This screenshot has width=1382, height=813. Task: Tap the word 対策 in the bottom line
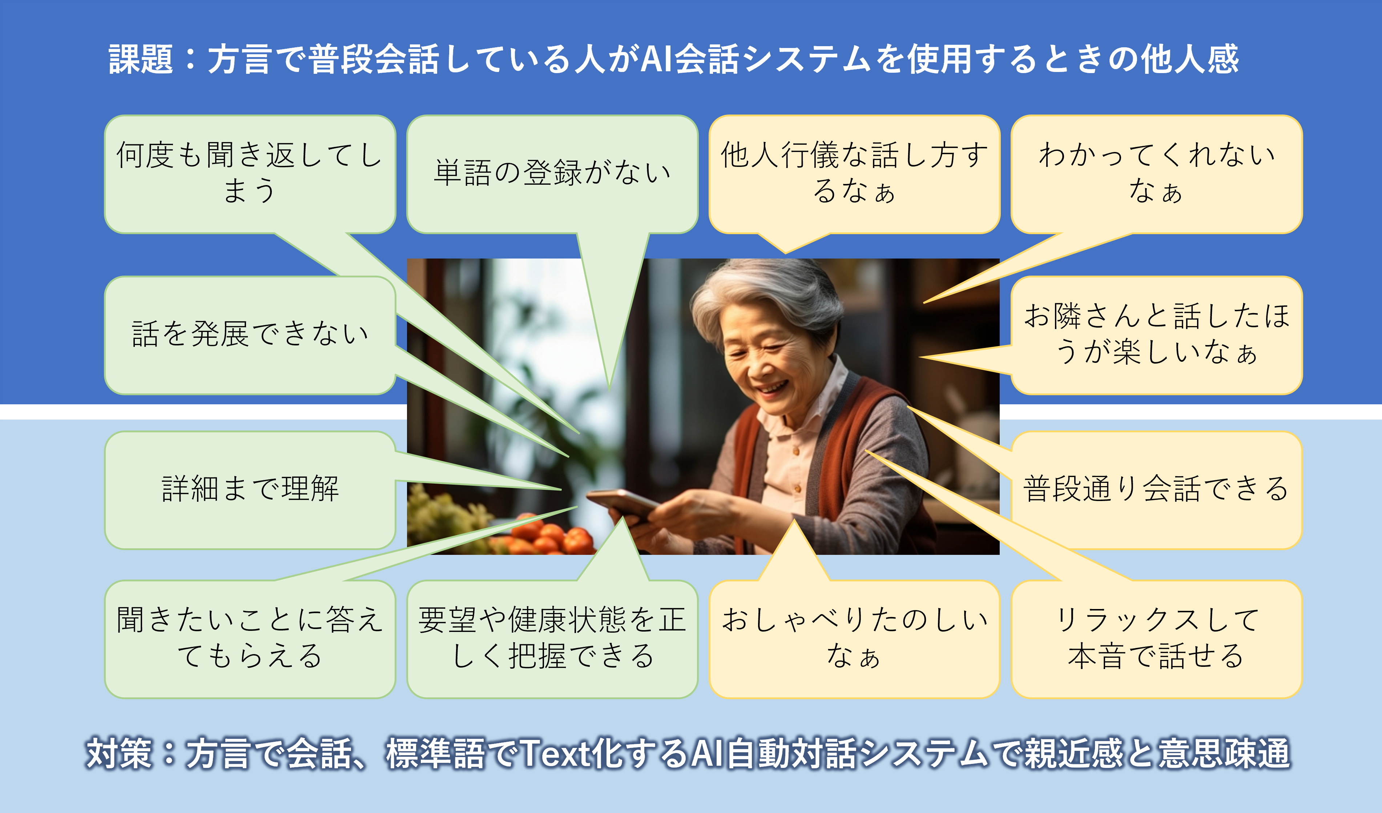click(118, 753)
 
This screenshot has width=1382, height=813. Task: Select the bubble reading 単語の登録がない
click(552, 175)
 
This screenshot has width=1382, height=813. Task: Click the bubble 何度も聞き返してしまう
click(250, 175)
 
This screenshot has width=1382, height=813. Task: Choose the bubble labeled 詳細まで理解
click(250, 490)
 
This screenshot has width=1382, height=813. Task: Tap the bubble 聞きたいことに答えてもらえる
click(250, 639)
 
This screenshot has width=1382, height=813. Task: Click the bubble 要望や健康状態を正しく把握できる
click(552, 639)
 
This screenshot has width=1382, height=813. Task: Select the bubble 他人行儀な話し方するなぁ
click(854, 175)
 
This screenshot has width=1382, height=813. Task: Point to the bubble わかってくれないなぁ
click(1157, 175)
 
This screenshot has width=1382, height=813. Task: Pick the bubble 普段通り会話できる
click(1157, 490)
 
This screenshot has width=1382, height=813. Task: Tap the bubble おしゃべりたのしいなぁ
click(854, 639)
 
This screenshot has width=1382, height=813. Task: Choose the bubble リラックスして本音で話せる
click(1157, 639)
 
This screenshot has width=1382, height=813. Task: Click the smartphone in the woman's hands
click(622, 503)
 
